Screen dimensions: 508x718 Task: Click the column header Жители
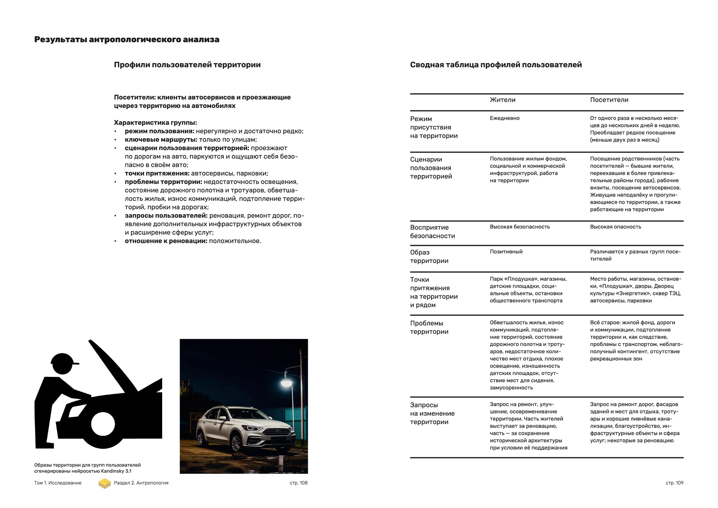[502, 100]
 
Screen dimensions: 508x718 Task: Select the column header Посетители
[609, 100]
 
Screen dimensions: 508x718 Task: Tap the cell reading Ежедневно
[504, 118]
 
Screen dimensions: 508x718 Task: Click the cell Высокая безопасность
[519, 227]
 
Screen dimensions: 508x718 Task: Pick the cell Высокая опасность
[615, 227]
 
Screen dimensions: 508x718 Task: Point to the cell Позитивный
[506, 252]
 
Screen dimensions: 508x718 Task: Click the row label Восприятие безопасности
[432, 232]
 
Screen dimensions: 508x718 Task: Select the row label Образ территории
[429, 257]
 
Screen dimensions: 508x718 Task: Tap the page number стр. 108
[298, 483]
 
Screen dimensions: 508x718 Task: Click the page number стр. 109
[674, 483]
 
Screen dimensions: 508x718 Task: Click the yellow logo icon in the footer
[105, 483]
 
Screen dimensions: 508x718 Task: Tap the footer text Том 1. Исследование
[58, 483]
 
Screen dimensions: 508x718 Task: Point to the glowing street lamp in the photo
[286, 383]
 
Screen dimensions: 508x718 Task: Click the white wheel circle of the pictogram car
[103, 424]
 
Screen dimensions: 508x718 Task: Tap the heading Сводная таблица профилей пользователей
[496, 65]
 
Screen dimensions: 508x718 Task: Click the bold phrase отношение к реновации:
[166, 241]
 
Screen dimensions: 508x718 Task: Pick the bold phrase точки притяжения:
[157, 173]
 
